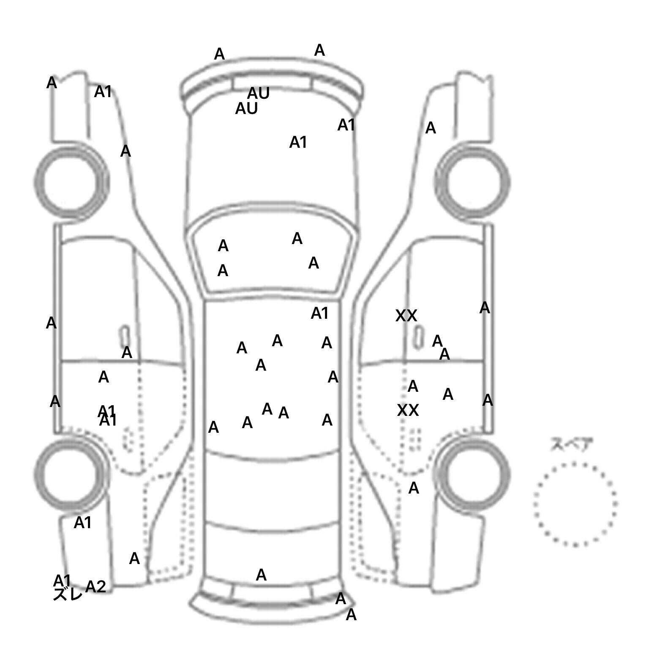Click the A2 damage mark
(95, 586)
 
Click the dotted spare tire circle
(575, 504)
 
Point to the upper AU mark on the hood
(258, 93)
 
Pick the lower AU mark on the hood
(246, 109)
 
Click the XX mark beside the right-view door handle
(406, 315)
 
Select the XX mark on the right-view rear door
(408, 410)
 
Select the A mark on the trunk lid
(261, 575)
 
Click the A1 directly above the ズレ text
(62, 581)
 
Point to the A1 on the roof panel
(319, 313)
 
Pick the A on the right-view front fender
(430, 128)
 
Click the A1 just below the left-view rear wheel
(83, 523)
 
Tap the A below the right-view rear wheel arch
(414, 488)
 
